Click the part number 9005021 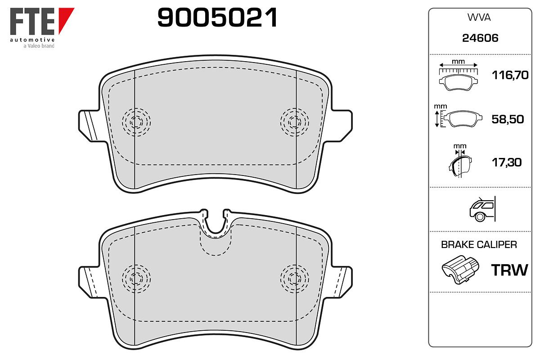click(x=217, y=18)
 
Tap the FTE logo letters click(x=32, y=22)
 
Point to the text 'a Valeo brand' click(x=39, y=46)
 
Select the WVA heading click(x=479, y=18)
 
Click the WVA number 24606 click(x=480, y=38)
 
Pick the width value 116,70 click(x=510, y=75)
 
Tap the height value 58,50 click(x=508, y=119)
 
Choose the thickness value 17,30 click(x=507, y=162)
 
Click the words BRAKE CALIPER click(x=479, y=245)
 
